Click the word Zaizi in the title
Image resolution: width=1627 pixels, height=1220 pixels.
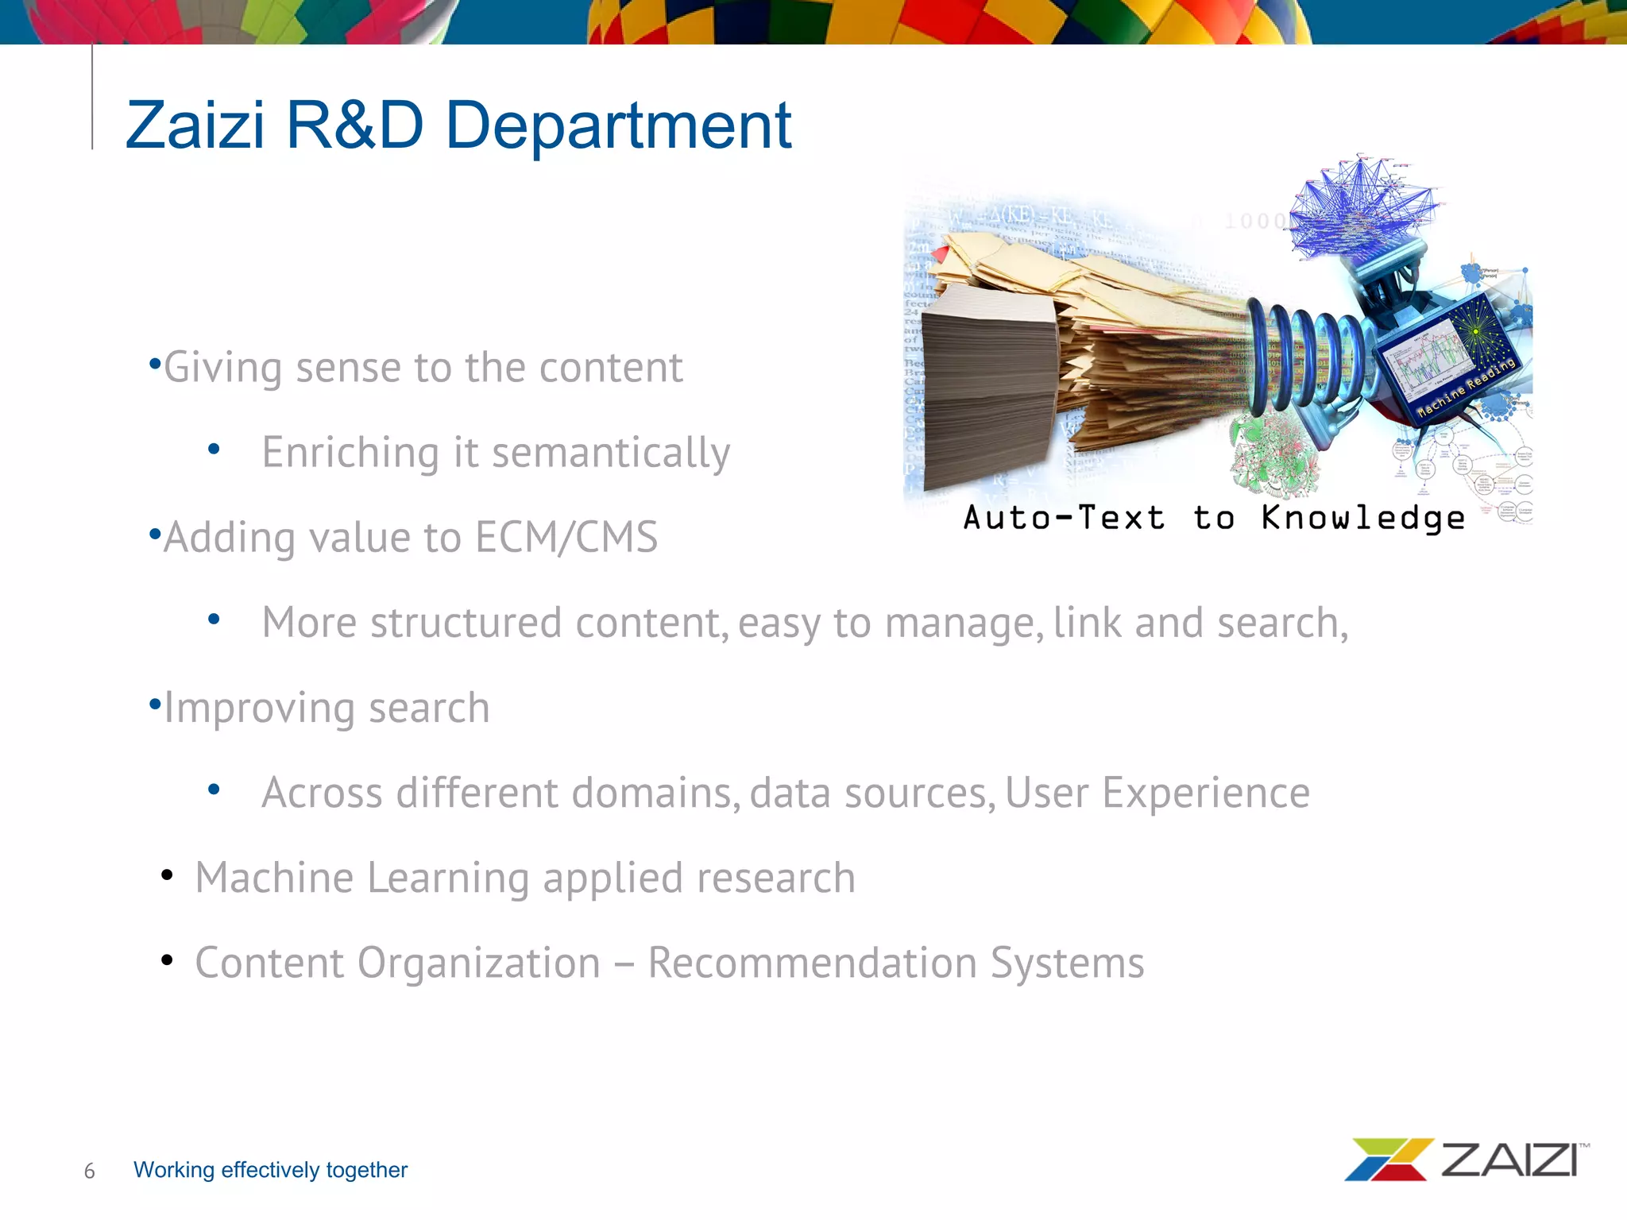click(x=195, y=125)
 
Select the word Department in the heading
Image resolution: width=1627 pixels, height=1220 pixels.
click(x=618, y=125)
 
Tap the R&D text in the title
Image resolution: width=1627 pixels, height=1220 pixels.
click(x=354, y=125)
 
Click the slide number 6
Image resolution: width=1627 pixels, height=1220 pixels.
click(x=89, y=1171)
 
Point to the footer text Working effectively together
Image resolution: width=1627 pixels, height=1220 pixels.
click(x=270, y=1170)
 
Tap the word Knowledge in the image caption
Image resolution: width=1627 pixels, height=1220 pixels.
click(x=1362, y=518)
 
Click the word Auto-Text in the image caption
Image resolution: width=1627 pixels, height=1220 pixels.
click(x=1065, y=518)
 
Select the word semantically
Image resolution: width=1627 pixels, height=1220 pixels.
click(x=610, y=453)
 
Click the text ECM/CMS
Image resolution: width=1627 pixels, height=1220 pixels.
click(x=566, y=538)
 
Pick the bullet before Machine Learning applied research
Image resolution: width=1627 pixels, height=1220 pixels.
click(x=167, y=875)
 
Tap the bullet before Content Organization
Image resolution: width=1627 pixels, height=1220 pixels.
click(x=167, y=960)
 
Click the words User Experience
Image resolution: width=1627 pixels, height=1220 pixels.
click(x=1157, y=793)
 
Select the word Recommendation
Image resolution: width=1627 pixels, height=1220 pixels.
click(x=812, y=963)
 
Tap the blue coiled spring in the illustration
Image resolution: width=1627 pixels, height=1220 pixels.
click(x=1303, y=357)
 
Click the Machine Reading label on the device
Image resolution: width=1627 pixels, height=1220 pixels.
click(x=1467, y=388)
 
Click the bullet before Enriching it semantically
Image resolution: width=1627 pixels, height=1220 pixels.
click(x=213, y=450)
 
